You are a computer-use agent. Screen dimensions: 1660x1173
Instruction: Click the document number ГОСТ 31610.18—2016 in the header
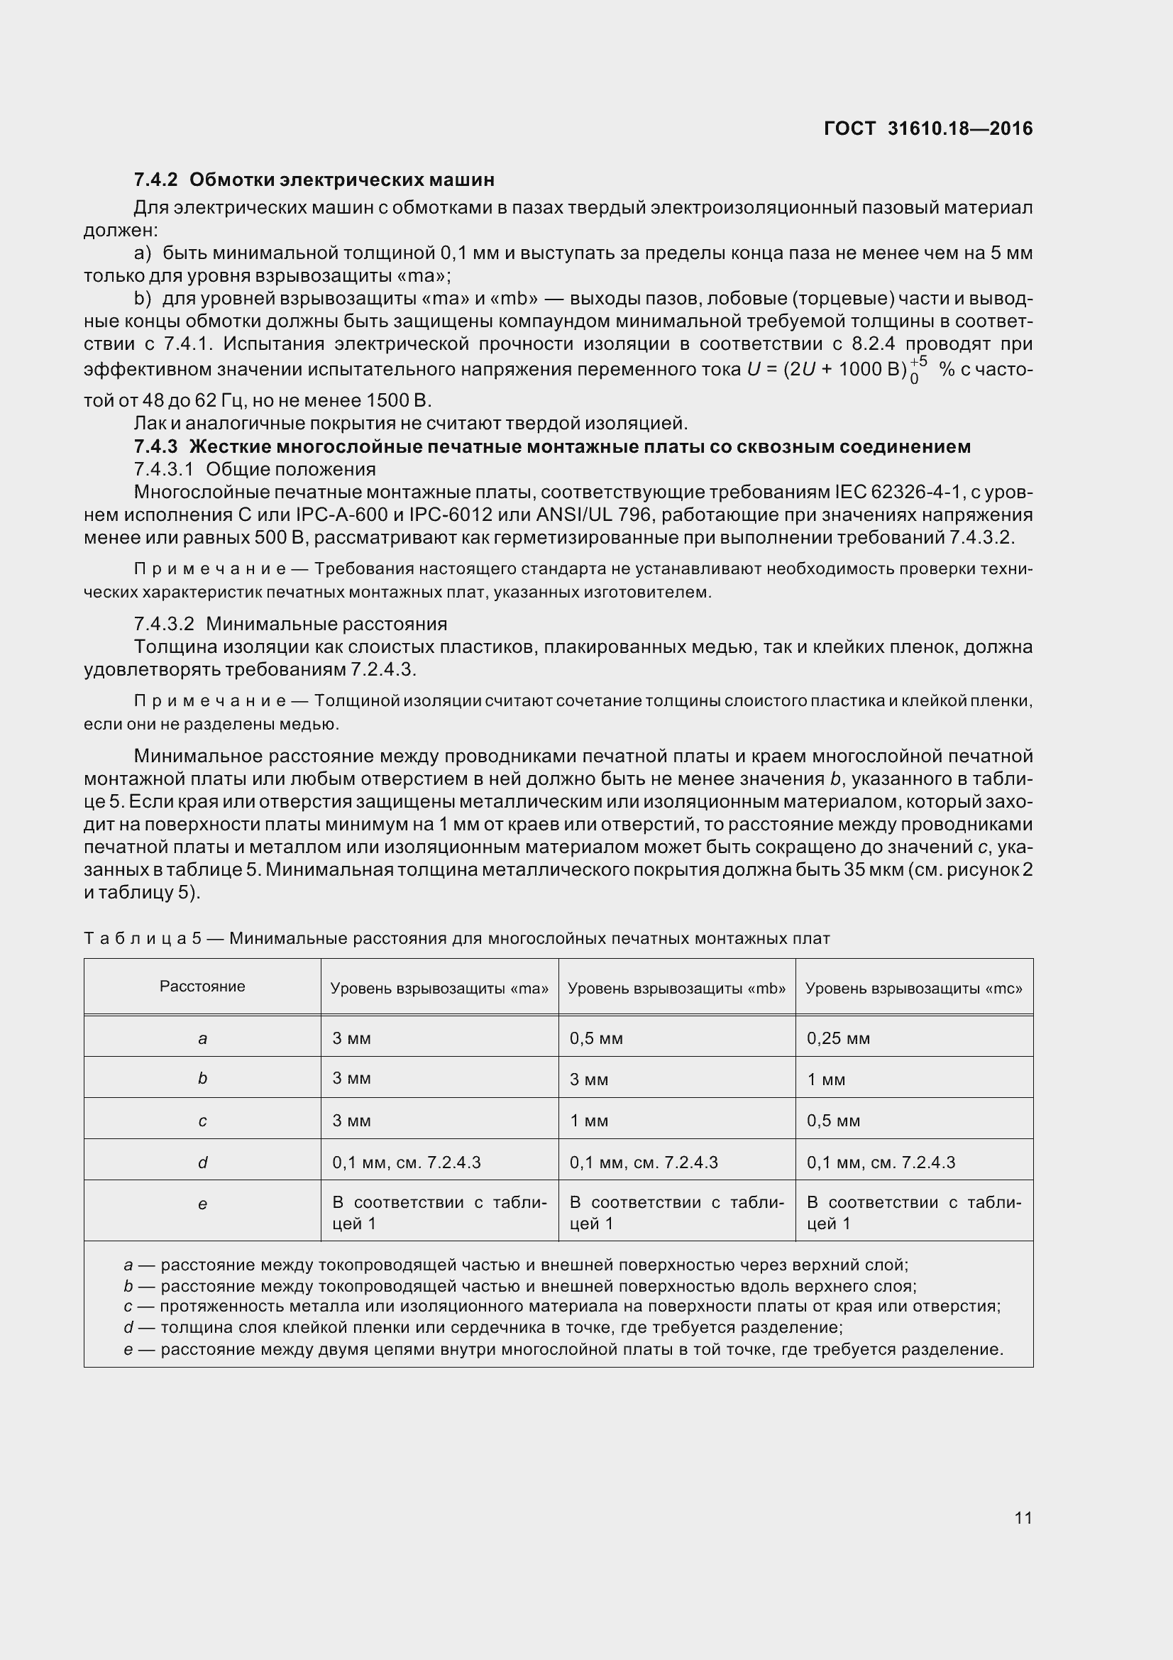928,128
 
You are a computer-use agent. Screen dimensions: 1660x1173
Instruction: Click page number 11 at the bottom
1023,1517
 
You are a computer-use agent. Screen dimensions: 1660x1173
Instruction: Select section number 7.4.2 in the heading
155,180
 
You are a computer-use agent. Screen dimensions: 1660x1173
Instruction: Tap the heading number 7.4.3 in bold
155,447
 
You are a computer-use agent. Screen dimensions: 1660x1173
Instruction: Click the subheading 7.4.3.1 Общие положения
255,469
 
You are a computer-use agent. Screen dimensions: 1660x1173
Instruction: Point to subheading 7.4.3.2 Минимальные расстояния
290,623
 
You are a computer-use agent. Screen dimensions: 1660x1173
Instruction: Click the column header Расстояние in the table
202,986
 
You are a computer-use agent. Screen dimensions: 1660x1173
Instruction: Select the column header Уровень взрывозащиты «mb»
676,989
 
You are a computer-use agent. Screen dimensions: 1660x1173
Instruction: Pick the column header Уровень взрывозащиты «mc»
913,989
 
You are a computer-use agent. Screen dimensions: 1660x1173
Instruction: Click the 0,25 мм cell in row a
837,1038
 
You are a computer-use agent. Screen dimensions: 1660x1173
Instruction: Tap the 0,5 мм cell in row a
595,1038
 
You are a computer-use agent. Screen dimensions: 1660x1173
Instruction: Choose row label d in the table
202,1162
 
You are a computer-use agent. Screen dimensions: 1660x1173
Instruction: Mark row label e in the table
202,1204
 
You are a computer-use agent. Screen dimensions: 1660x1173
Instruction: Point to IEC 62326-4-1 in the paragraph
898,493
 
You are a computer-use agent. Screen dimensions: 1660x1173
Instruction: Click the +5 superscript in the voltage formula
918,362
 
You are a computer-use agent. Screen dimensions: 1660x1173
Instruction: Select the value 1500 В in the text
397,400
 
